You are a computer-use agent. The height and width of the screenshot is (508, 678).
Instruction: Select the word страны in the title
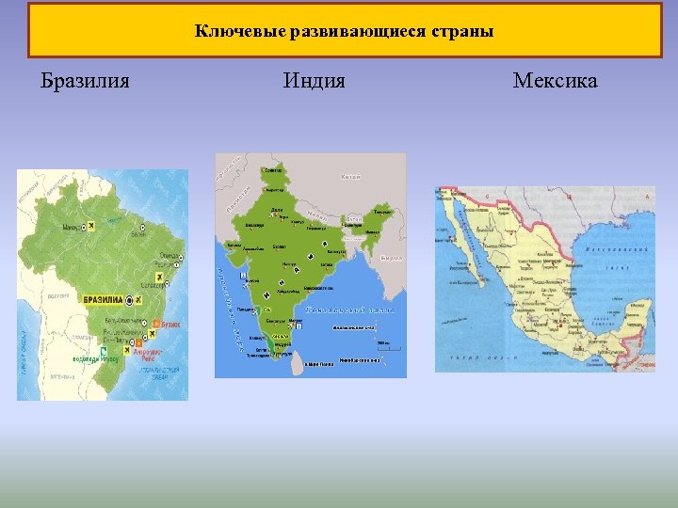point(461,31)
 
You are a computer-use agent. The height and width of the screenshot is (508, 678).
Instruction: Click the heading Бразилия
point(86,81)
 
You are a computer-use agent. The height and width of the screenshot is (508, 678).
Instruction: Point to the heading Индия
point(314,81)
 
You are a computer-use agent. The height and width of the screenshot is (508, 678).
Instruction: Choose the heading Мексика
point(555,81)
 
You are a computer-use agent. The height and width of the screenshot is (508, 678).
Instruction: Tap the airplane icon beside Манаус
point(89,227)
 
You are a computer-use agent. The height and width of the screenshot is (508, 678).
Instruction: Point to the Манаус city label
point(71,227)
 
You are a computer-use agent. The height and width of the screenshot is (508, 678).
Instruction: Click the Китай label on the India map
point(349,177)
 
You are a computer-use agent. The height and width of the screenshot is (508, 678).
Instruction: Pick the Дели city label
point(276,209)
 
